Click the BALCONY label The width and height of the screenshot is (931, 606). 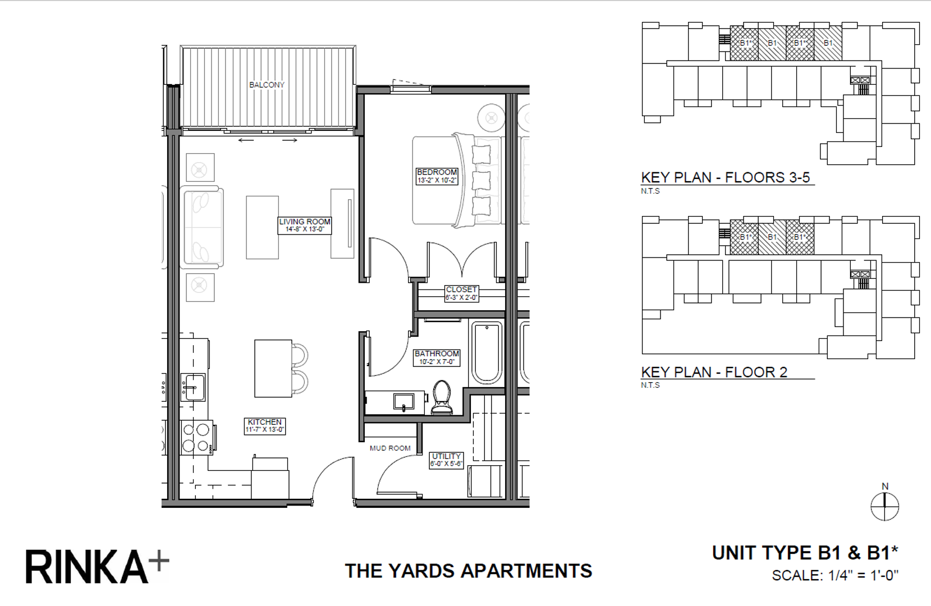[x=267, y=85]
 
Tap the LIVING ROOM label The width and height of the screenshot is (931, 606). [x=305, y=225]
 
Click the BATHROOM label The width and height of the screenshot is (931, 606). [x=437, y=357]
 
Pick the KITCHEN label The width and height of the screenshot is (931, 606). [x=264, y=425]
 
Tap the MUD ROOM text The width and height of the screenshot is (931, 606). [x=390, y=448]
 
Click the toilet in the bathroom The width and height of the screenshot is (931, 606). [x=442, y=397]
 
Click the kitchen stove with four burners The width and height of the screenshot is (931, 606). [x=196, y=438]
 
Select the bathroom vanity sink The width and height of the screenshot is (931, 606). [x=403, y=402]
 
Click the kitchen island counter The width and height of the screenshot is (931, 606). [x=273, y=368]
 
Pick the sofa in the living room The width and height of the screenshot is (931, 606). [x=202, y=227]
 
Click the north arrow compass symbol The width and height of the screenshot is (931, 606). [x=884, y=506]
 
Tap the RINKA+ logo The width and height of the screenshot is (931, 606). [x=97, y=566]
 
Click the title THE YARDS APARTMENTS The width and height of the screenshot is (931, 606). [x=468, y=571]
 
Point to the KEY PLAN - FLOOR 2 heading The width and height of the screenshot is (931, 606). [x=714, y=372]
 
